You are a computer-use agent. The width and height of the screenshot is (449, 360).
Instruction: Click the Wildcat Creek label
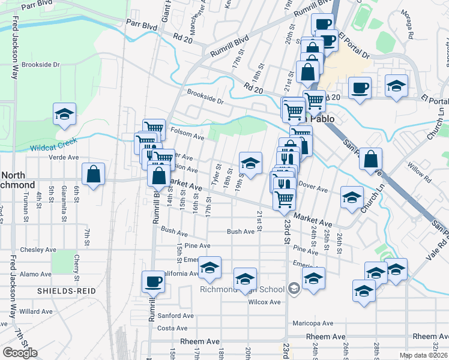tap(55, 146)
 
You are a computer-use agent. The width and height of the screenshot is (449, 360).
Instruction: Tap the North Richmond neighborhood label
tap(18, 179)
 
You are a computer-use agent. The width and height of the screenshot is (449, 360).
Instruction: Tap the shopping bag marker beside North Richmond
tap(93, 175)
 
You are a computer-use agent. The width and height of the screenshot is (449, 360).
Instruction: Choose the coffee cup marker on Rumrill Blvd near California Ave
tap(152, 281)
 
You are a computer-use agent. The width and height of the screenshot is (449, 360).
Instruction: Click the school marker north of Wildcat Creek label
tap(64, 115)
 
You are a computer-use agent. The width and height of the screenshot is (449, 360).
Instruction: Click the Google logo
tap(20, 353)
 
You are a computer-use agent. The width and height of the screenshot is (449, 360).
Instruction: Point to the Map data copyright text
tap(424, 355)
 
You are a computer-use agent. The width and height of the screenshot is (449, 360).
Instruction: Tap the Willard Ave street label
tap(36, 311)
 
